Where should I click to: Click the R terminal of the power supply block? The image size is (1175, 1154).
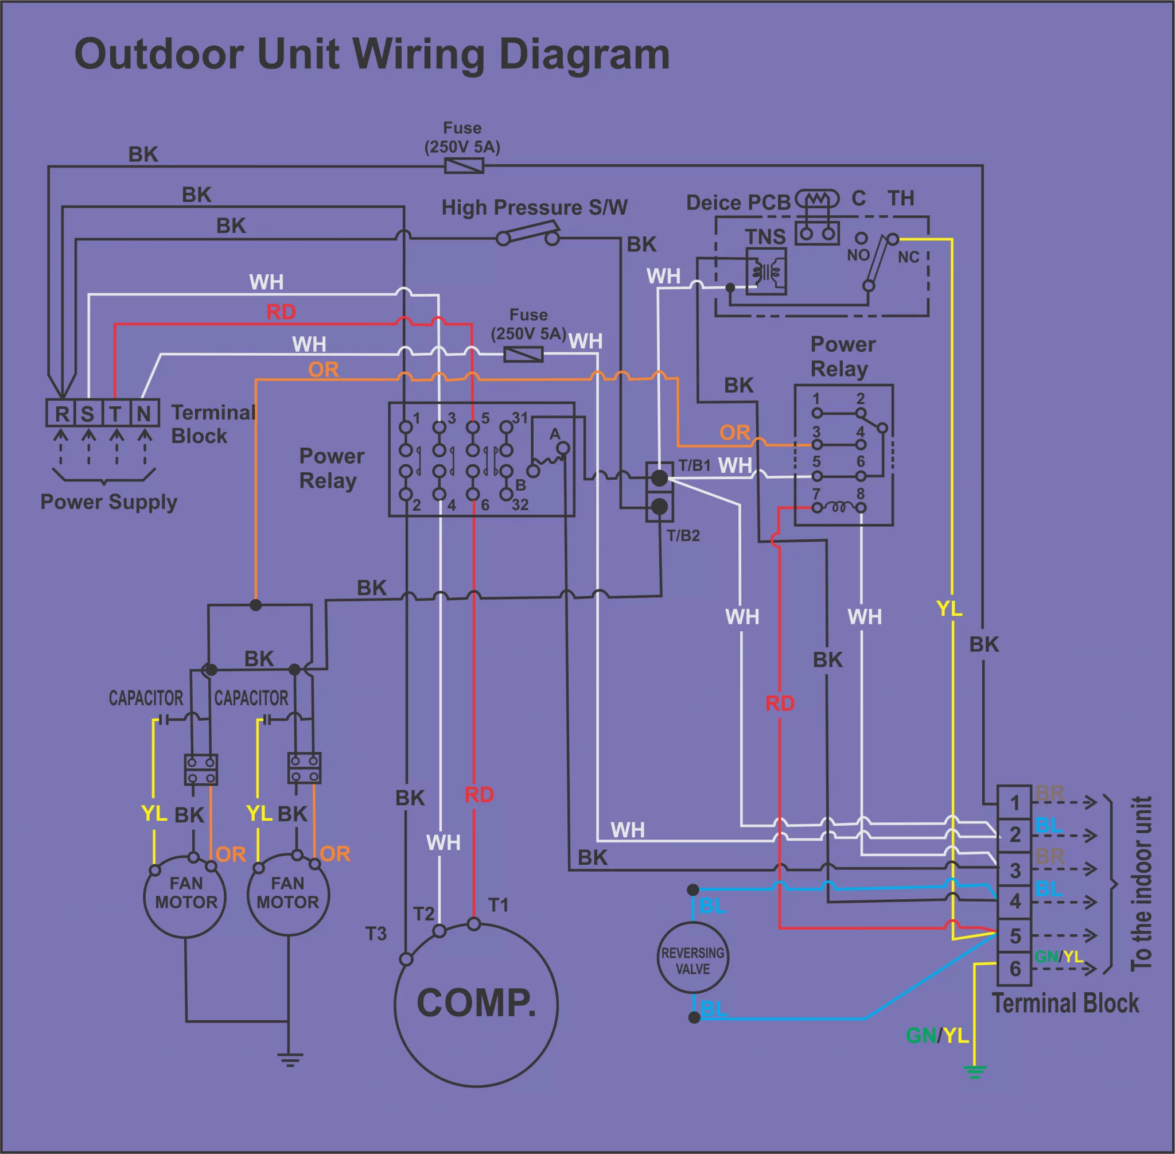tap(61, 413)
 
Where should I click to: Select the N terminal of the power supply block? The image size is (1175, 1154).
tap(145, 413)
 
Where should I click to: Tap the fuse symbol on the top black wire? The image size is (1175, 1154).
tap(464, 165)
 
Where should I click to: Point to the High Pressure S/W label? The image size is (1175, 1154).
tap(535, 207)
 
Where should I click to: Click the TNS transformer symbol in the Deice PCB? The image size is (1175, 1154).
tap(767, 271)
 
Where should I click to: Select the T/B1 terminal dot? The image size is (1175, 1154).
tap(659, 478)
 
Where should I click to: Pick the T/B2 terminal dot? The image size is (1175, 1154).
tap(659, 506)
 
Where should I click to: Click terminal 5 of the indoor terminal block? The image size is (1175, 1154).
tap(1015, 936)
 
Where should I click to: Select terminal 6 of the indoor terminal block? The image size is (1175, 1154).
tap(1015, 969)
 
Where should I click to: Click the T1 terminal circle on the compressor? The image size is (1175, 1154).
tap(474, 924)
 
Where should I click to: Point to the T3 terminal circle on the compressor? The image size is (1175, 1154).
tap(406, 959)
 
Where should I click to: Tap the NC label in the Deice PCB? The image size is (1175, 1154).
tap(908, 258)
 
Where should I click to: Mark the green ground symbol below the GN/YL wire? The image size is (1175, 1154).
tap(974, 1072)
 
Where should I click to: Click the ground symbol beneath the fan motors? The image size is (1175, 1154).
tap(290, 1060)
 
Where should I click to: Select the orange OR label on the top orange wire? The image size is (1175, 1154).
tap(323, 369)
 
